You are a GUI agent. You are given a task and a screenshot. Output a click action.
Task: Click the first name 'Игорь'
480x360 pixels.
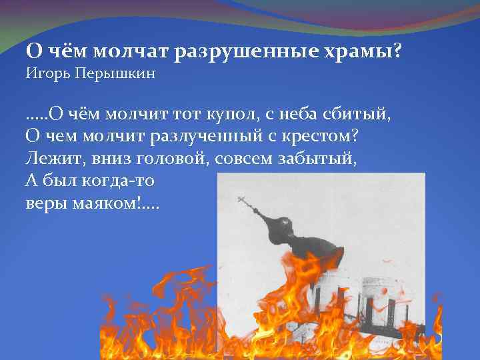[45, 73]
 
